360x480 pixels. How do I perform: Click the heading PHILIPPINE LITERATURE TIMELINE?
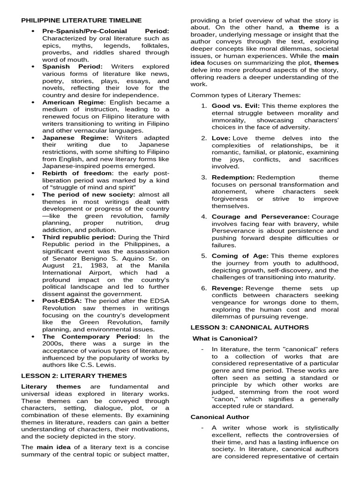click(x=81, y=20)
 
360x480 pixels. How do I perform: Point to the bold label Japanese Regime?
click(x=75, y=138)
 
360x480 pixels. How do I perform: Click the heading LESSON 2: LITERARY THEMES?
click(x=74, y=375)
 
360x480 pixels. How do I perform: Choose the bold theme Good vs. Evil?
click(x=235, y=106)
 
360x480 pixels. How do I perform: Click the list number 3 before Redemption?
click(x=204, y=177)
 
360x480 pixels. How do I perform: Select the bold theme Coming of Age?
click(x=240, y=256)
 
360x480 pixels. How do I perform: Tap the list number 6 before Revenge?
click(x=204, y=288)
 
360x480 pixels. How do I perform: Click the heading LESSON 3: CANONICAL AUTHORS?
click(x=249, y=327)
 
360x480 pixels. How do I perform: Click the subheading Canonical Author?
click(x=220, y=417)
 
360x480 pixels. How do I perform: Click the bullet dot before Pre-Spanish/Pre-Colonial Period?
click(x=33, y=31)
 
